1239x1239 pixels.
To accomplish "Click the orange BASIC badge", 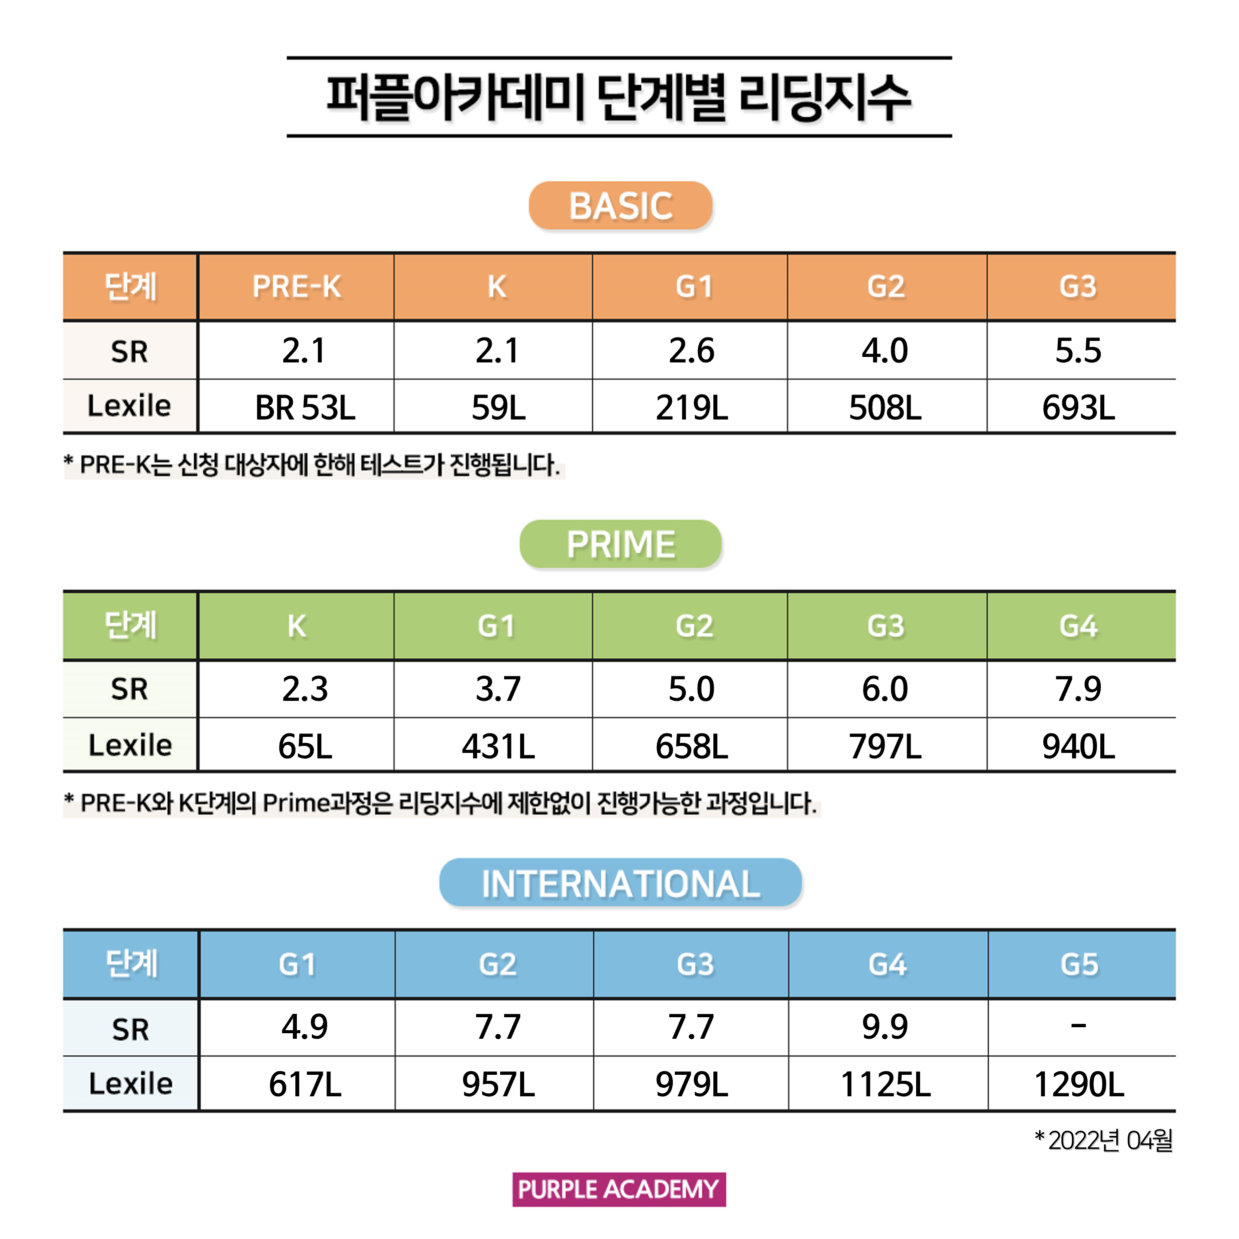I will tap(620, 206).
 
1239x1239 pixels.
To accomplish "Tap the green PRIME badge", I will tap(620, 545).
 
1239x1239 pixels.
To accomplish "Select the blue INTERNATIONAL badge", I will tap(620, 883).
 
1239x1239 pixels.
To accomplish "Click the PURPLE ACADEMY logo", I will tap(619, 1189).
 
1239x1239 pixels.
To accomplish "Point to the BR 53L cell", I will tap(305, 407).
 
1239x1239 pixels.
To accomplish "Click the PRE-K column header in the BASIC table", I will tap(296, 287).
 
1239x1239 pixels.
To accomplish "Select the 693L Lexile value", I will tap(1079, 407).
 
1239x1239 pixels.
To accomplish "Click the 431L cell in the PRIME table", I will tap(498, 746).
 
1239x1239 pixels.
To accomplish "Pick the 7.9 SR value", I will tap(1079, 689).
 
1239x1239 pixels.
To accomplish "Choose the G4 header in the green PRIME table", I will tap(1079, 626).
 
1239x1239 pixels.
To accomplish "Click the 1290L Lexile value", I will tap(1079, 1084).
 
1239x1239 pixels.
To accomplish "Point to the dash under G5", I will tap(1079, 1026).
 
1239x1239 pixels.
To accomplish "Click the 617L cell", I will tap(305, 1084).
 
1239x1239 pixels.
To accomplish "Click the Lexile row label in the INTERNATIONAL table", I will tap(130, 1084).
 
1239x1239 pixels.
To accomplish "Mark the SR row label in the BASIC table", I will tap(130, 351).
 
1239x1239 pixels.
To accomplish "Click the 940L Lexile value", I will tap(1079, 746).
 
